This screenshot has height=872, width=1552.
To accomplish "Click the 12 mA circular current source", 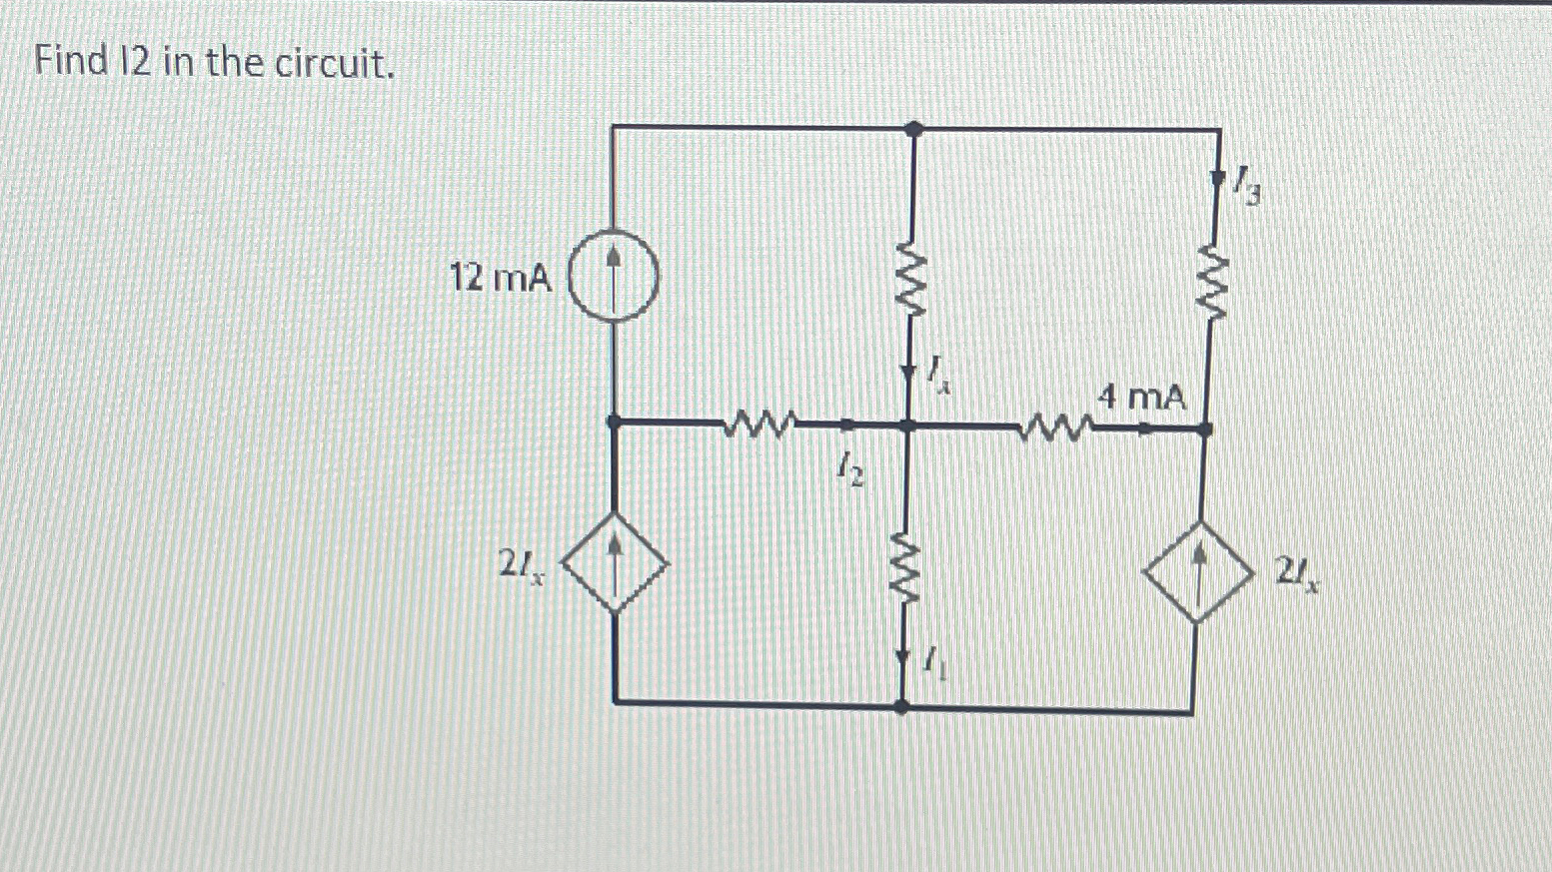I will [x=614, y=277].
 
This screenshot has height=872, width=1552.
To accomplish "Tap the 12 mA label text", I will [x=500, y=278].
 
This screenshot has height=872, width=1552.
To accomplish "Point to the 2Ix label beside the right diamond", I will [x=1296, y=574].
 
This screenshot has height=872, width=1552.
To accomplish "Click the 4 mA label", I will [x=1141, y=398].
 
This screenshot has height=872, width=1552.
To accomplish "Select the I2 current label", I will [x=850, y=466].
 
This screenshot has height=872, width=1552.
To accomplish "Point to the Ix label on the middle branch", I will [x=935, y=376].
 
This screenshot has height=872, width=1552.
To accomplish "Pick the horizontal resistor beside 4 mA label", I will [x=1054, y=430].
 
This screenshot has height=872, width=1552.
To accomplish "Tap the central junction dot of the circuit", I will [x=907, y=427].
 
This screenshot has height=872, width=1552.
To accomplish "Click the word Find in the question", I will [x=70, y=62].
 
